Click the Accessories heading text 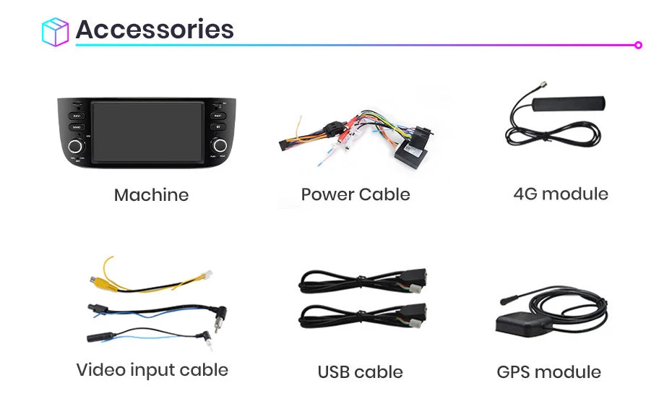point(155,29)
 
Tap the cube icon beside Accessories point(56,32)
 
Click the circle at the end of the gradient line point(638,45)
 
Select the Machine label point(151,195)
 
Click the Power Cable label point(356,194)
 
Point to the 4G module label point(561,194)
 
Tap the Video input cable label point(152,370)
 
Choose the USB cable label point(360,372)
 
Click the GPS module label point(548,372)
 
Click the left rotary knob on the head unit point(75,146)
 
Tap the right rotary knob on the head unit point(220,146)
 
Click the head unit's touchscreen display point(147,132)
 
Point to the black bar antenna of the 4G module point(568,103)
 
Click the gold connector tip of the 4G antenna point(544,84)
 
